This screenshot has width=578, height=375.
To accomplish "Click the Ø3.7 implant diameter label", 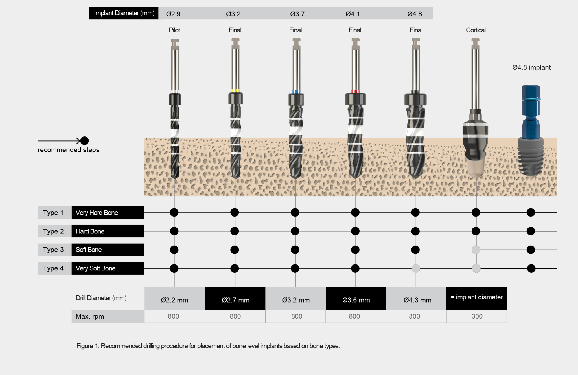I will tap(297, 14).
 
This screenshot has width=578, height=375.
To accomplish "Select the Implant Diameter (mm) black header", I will tap(124, 13).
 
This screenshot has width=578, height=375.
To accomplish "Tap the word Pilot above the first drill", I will tap(174, 30).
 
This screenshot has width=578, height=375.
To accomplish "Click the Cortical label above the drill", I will tap(476, 30).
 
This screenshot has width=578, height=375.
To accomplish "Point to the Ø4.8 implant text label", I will tap(531, 67).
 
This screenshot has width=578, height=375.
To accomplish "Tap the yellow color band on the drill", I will tap(235, 91).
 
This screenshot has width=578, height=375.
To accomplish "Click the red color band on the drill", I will tap(355, 92).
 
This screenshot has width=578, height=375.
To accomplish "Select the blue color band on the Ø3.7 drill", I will tap(296, 92).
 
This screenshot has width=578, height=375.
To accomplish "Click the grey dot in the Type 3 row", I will tap(476, 250).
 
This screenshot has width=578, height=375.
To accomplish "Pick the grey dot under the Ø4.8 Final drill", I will tap(416, 268).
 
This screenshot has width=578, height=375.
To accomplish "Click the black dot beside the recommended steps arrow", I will tap(84, 141).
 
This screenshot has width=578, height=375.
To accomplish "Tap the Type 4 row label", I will tap(54, 268).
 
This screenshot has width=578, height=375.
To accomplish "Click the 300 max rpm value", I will tap(477, 316).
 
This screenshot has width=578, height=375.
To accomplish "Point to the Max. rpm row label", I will tap(90, 316).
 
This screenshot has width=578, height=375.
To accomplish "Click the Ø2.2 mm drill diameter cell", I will tap(174, 299).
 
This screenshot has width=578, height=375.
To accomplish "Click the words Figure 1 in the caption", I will tap(87, 346).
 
